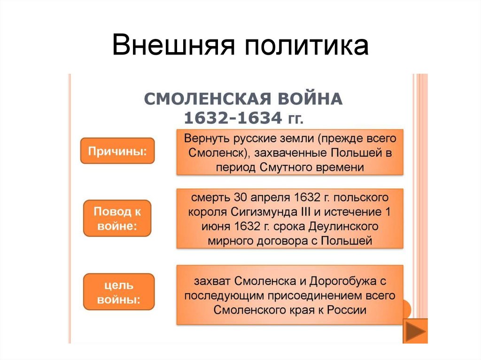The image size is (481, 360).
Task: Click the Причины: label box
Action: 117,151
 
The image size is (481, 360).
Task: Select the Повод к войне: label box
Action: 117,218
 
